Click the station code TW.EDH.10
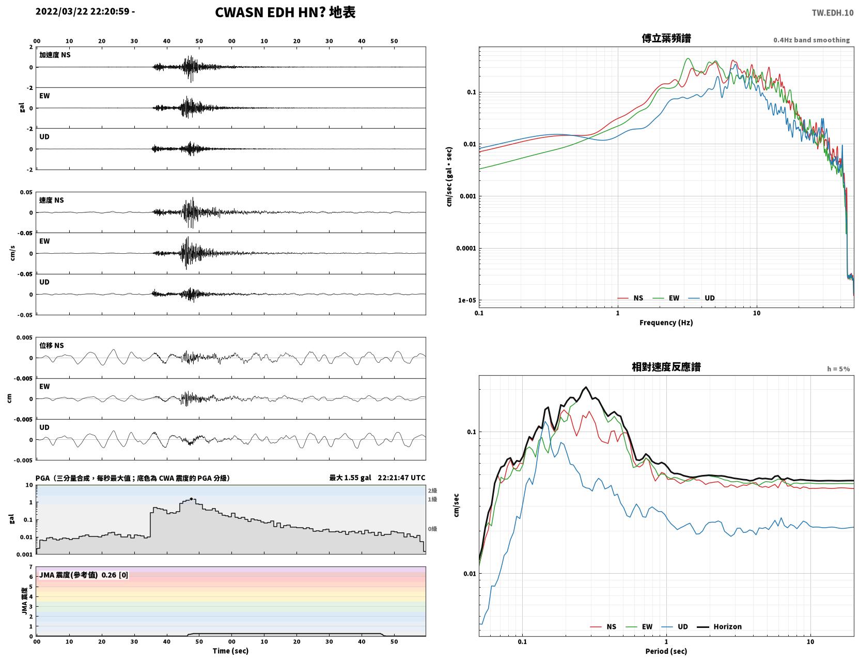tap(833, 12)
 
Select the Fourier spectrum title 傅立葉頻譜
tap(666, 38)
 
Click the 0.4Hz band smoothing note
tap(811, 40)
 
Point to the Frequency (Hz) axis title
tap(666, 322)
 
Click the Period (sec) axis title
tap(666, 651)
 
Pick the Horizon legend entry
tap(720, 626)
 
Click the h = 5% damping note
tap(838, 369)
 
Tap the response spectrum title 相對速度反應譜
tap(666, 367)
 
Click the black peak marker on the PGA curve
tap(191, 499)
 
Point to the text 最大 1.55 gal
tap(350, 478)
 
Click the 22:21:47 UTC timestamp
tap(401, 478)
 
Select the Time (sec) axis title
tap(230, 651)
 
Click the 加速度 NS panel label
tap(55, 55)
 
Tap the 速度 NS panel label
tap(51, 200)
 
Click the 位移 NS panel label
tap(51, 345)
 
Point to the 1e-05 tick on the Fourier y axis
tap(467, 300)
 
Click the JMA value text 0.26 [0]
tap(115, 575)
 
